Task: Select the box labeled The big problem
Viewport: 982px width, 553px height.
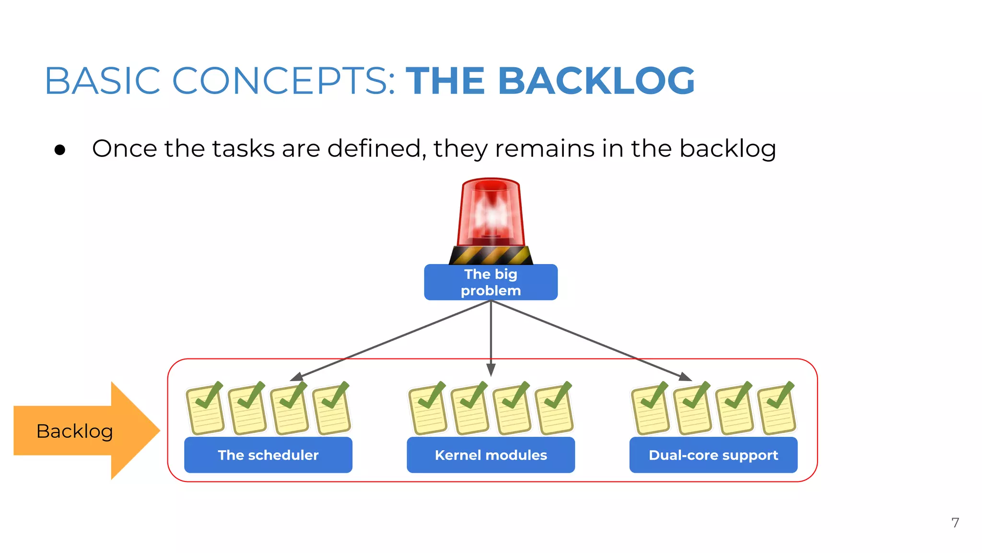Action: [x=491, y=282]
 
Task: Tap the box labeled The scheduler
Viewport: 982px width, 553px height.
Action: [x=268, y=455]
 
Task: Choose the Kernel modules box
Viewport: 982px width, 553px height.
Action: [x=491, y=455]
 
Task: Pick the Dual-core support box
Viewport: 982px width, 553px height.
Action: [x=713, y=455]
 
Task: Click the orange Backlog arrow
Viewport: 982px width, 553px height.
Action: [x=82, y=431]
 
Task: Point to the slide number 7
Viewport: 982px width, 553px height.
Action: [x=955, y=522]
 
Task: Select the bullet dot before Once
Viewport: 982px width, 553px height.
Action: [x=60, y=150]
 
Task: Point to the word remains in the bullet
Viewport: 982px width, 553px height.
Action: [x=545, y=148]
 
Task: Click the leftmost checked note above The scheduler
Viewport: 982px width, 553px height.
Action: [x=205, y=409]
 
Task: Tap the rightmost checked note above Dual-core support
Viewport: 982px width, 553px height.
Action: [x=776, y=409]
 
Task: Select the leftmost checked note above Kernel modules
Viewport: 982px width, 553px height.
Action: [x=428, y=409]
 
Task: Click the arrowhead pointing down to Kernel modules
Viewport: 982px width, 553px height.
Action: [x=491, y=370]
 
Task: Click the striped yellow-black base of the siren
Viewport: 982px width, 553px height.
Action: [x=491, y=255]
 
